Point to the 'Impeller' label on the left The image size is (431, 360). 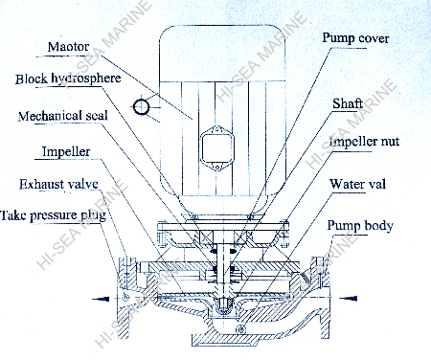click(x=69, y=151)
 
